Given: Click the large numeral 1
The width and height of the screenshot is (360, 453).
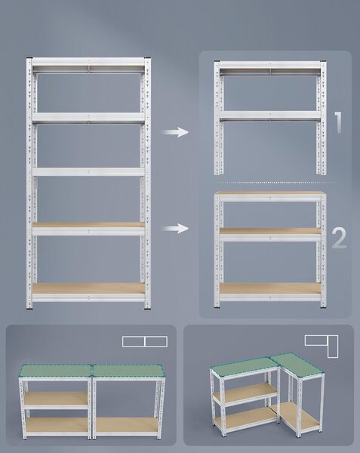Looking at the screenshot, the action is pyautogui.click(x=338, y=122).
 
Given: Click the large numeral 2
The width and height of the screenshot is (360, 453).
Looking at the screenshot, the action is pyautogui.click(x=339, y=238).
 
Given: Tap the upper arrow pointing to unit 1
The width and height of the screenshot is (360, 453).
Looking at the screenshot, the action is pyautogui.click(x=175, y=132).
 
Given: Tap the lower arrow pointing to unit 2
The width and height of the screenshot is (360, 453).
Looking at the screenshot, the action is pyautogui.click(x=175, y=228).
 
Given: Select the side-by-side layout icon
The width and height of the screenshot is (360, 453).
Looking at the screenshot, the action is pyautogui.click(x=145, y=341).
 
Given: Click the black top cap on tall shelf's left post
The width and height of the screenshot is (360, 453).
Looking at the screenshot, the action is pyautogui.click(x=29, y=58).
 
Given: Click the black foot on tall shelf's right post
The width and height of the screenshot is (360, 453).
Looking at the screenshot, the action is pyautogui.click(x=147, y=309).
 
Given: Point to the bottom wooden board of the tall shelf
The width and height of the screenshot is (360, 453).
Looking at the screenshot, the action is pyautogui.click(x=88, y=288).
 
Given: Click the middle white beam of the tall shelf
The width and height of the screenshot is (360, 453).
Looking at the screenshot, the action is pyautogui.click(x=88, y=172).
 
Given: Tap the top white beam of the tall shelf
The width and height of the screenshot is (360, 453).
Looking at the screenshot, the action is pyautogui.click(x=88, y=62).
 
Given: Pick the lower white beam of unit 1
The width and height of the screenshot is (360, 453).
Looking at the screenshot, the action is pyautogui.click(x=270, y=115).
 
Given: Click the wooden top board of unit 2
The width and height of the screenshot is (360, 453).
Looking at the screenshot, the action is pyautogui.click(x=270, y=193).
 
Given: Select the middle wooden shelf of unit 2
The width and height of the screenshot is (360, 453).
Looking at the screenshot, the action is pyautogui.click(x=270, y=230).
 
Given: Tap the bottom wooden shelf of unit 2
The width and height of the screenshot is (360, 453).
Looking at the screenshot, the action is pyautogui.click(x=270, y=288).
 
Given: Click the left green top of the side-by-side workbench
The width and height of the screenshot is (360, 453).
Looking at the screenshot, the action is pyautogui.click(x=55, y=371).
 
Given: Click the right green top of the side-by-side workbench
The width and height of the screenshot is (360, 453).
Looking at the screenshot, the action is pyautogui.click(x=128, y=371).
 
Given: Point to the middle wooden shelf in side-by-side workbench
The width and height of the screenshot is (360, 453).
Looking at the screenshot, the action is pyautogui.click(x=56, y=398).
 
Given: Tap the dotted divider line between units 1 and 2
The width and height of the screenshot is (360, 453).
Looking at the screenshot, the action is pyautogui.click(x=274, y=183).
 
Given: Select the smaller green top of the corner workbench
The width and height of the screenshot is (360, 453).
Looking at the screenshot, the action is pyautogui.click(x=297, y=365).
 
